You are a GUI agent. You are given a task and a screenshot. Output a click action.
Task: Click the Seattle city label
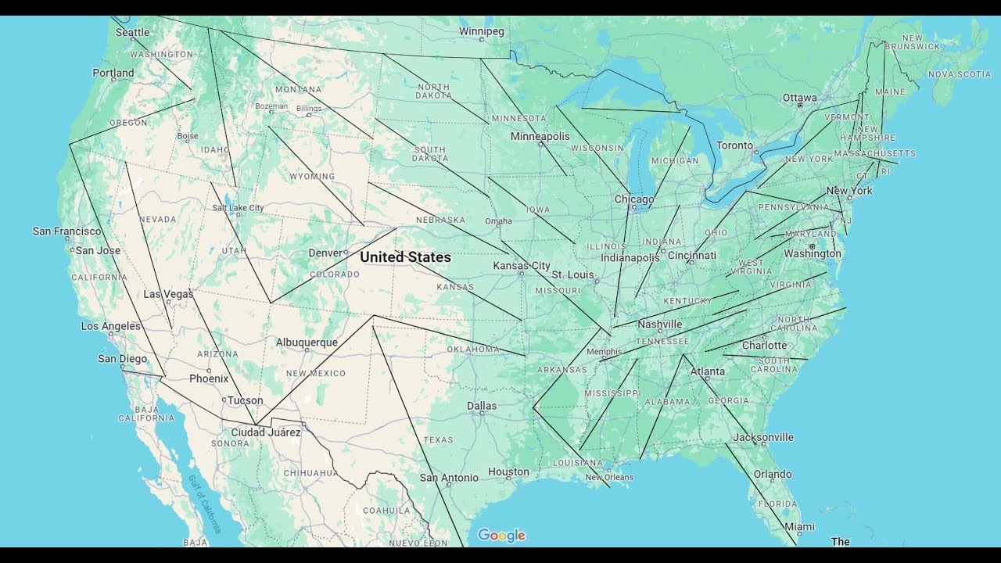coord(132,32)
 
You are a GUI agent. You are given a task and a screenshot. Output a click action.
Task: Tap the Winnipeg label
coord(481,31)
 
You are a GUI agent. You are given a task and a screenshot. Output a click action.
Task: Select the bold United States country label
coord(405,256)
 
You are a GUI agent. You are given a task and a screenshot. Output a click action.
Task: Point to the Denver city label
coord(325,253)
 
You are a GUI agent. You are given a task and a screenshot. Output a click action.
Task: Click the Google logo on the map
coord(501,535)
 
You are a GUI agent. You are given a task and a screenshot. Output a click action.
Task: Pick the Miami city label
coord(799,526)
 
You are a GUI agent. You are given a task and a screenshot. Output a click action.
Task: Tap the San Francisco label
coord(67,231)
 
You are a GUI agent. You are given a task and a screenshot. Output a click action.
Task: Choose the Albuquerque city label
coord(307,342)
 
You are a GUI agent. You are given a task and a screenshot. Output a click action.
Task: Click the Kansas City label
coord(521,265)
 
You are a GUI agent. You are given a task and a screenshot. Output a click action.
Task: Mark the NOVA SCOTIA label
coord(960,74)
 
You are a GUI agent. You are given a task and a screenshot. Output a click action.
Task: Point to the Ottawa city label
coord(799,98)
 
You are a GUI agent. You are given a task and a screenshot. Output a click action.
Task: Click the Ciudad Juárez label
coord(266,432)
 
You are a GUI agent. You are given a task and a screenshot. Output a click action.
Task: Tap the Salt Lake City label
coord(238,207)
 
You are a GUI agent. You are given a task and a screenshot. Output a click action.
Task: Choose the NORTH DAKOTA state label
coord(433,91)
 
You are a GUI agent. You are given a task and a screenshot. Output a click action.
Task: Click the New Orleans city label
coord(609,477)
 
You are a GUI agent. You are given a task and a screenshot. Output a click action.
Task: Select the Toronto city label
coord(734,145)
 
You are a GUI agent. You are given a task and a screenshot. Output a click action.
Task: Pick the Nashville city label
coord(659,324)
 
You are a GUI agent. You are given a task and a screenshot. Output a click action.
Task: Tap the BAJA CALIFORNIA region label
coord(146,413)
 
